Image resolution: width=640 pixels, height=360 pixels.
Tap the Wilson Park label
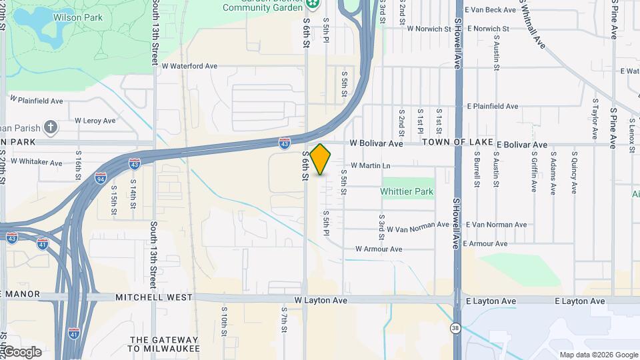tap(78, 17)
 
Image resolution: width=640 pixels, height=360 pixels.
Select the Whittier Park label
tap(407, 191)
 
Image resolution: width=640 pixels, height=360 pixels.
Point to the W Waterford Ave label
tap(190, 66)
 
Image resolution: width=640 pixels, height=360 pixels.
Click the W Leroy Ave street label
tap(95, 121)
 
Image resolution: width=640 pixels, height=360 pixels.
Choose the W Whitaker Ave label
tap(37, 162)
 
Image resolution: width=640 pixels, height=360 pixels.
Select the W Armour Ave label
tap(379, 249)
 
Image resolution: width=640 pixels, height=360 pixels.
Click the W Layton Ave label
tap(321, 301)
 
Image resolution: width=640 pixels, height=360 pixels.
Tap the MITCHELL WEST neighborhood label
tap(155, 297)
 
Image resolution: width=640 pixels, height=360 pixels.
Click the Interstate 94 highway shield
tap(101, 178)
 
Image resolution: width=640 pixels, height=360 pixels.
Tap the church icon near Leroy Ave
tap(51, 127)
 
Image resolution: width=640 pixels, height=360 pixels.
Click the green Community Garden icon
tap(313, 5)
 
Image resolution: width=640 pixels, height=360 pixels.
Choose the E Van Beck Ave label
tap(491, 10)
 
